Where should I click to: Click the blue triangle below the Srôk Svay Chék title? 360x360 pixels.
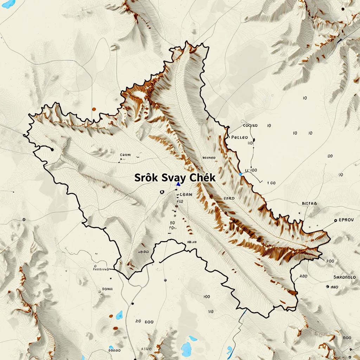pyautogui.click(x=178, y=184)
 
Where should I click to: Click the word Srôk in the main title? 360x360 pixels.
pyautogui.click(x=146, y=178)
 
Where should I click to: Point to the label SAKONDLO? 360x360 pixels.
pyautogui.click(x=344, y=277)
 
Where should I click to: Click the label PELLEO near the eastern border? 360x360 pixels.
pyautogui.click(x=239, y=137)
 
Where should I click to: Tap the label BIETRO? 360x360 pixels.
pyautogui.click(x=309, y=203)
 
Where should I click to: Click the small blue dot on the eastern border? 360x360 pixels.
pyautogui.click(x=240, y=174)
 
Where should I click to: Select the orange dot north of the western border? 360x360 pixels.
pyautogui.click(x=94, y=109)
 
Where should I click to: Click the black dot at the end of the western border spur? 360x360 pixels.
pyautogui.click(x=52, y=149)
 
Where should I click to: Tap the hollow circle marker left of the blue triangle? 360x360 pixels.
pyautogui.click(x=162, y=192)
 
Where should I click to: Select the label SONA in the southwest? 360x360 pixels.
pyautogui.click(x=107, y=289)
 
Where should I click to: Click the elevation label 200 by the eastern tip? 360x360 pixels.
pyautogui.click(x=330, y=261)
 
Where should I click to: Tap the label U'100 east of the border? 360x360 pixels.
pyautogui.click(x=251, y=170)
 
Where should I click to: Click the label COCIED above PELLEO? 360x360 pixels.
pyautogui.click(x=250, y=125)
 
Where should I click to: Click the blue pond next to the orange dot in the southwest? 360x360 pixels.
pyautogui.click(x=120, y=314)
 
